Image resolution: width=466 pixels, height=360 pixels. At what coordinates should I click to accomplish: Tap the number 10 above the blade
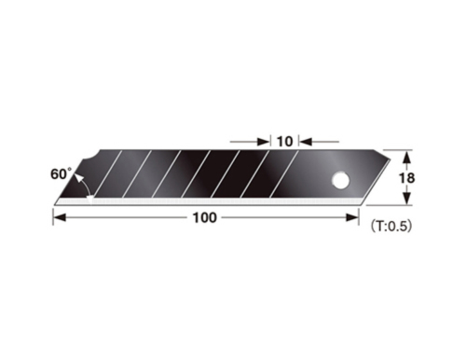click(x=284, y=141)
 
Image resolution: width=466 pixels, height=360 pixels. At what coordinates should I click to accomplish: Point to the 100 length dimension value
click(x=205, y=217)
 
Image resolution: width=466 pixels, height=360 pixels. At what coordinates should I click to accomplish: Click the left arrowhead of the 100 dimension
click(x=59, y=217)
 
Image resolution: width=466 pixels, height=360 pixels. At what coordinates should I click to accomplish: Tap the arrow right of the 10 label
click(x=307, y=142)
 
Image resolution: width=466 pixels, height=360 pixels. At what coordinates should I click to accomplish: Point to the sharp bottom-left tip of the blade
click(x=55, y=202)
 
